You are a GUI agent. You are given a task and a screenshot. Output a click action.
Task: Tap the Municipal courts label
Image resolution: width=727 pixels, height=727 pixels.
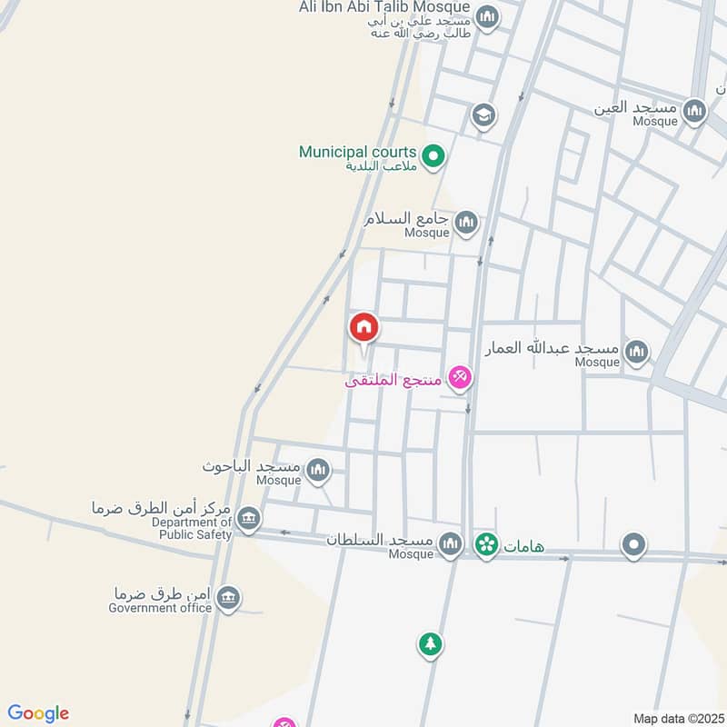pyautogui.click(x=357, y=152)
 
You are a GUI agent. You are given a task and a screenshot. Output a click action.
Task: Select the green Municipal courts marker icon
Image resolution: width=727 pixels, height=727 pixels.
pyautogui.click(x=434, y=157)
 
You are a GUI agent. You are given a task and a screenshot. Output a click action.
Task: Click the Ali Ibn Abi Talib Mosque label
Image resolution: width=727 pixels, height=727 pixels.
pyautogui.click(x=384, y=7)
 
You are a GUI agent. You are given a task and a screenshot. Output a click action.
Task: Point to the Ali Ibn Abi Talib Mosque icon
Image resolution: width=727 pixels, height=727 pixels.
pyautogui.click(x=488, y=17)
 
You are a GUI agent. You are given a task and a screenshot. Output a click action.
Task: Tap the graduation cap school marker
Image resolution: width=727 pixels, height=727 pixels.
pyautogui.click(x=483, y=115)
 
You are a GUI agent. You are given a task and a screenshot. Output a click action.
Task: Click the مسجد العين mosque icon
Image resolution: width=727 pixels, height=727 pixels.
pyautogui.click(x=695, y=111)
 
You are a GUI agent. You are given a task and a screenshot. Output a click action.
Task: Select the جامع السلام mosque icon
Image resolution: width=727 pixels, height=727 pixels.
pyautogui.click(x=466, y=222)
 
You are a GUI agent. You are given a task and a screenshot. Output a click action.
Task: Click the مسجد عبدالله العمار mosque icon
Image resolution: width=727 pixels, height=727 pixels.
pyautogui.click(x=637, y=352)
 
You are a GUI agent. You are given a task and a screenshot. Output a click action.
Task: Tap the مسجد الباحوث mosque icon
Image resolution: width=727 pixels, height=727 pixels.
pyautogui.click(x=317, y=470)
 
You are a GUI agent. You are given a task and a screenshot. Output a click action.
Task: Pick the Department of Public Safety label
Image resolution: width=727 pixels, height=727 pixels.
pyautogui.click(x=192, y=528)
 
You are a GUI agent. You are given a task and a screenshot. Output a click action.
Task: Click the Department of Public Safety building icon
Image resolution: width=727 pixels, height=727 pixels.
pyautogui.click(x=248, y=519)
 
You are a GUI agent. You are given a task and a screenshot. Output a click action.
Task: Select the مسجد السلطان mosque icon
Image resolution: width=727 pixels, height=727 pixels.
pyautogui.click(x=450, y=543)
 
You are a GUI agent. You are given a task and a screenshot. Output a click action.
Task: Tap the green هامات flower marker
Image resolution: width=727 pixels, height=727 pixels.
pyautogui.click(x=486, y=544)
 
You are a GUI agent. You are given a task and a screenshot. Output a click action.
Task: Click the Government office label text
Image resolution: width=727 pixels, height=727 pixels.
pyautogui.click(x=160, y=608)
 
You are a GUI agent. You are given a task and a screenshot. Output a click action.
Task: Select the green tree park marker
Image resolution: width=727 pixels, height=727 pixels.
pyautogui.click(x=430, y=644)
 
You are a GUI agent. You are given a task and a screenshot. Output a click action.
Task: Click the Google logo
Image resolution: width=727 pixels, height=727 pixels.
pyautogui.click(x=38, y=713)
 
